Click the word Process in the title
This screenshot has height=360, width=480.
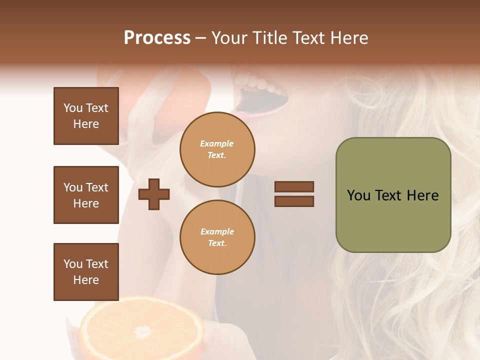coord(157,38)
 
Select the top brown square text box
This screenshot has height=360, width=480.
coord(86,116)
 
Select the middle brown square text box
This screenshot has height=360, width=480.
coord(86,195)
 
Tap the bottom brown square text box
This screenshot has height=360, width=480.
coord(86,272)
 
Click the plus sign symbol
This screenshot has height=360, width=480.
coord(154,194)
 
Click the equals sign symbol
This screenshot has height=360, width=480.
coord(294,194)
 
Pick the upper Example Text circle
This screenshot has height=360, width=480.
coord(217,149)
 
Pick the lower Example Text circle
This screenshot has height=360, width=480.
coord(217,237)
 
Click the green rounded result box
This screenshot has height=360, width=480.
coord(393,195)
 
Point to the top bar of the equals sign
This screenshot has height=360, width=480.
coord(294,186)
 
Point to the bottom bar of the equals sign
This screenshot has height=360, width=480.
coord(294,201)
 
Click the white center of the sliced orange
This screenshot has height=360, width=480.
coord(143,331)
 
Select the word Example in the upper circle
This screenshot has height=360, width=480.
coord(217,143)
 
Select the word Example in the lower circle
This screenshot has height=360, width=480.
coord(217,231)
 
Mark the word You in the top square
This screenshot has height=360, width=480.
coord(72,108)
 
